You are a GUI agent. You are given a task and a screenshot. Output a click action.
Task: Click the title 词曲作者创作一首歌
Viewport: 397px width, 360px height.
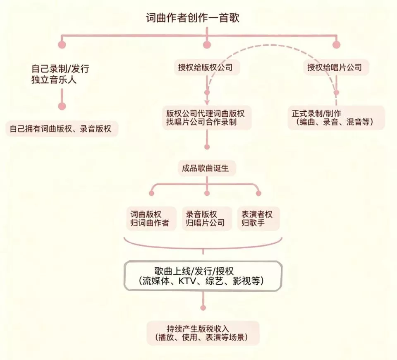(192, 19)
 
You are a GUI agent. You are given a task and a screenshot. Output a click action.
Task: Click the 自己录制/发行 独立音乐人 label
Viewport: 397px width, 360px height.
(60, 74)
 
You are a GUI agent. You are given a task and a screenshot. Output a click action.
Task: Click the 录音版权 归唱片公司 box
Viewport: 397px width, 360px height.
(206, 218)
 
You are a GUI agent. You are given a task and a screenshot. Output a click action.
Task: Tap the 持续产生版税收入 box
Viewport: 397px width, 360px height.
(203, 333)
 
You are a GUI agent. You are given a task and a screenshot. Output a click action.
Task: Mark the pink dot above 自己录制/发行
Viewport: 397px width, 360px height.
(62, 45)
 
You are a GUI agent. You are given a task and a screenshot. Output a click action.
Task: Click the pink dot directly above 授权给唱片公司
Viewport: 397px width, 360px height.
(336, 45)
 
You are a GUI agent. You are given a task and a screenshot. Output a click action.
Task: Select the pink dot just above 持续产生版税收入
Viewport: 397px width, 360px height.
(203, 308)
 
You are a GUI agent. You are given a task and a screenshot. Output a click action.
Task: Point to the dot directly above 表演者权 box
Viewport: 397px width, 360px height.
(258, 193)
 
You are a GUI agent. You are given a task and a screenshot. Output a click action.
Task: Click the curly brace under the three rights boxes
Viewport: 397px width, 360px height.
(203, 244)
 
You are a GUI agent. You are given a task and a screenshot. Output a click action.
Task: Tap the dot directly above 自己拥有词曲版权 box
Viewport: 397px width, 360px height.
(62, 106)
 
